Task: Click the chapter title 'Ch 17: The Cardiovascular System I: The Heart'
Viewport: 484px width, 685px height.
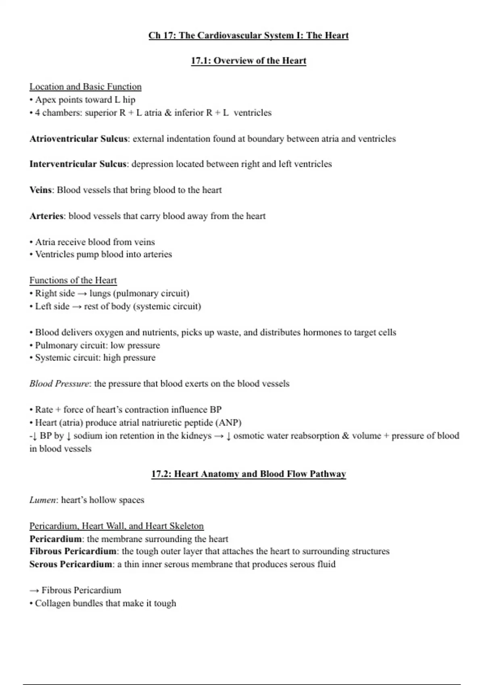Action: point(248,35)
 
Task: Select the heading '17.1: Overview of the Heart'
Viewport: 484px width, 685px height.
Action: point(248,61)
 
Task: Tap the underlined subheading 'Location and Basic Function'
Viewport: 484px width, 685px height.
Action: point(86,87)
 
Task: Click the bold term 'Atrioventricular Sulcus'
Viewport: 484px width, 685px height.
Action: point(79,139)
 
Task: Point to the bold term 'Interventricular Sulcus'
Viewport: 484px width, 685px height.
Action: point(78,164)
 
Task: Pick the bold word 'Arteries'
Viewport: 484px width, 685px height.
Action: point(46,216)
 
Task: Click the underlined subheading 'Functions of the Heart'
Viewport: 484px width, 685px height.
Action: point(73,280)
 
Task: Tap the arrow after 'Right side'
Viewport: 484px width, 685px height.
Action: point(82,294)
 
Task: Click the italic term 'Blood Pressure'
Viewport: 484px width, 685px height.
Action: point(59,384)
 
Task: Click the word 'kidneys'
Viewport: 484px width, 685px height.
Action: point(196,436)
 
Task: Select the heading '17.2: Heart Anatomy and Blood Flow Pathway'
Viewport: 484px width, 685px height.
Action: point(248,474)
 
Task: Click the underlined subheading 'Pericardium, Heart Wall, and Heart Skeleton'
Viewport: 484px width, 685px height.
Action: point(117,526)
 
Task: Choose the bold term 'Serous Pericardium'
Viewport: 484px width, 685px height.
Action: point(71,564)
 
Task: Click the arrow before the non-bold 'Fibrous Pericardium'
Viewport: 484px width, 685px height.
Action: point(34,591)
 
